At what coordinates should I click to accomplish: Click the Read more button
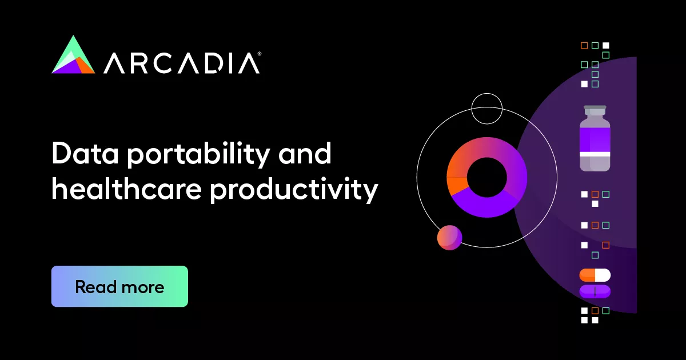pos(119,286)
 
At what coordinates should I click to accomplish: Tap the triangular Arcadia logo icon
pos(73,55)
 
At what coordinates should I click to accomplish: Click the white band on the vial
pos(595,154)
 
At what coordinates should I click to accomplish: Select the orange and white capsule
pos(595,275)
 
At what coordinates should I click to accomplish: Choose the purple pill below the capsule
pos(595,291)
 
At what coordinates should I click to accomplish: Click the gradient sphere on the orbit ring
pos(449,237)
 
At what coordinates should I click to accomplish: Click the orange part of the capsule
pos(587,275)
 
